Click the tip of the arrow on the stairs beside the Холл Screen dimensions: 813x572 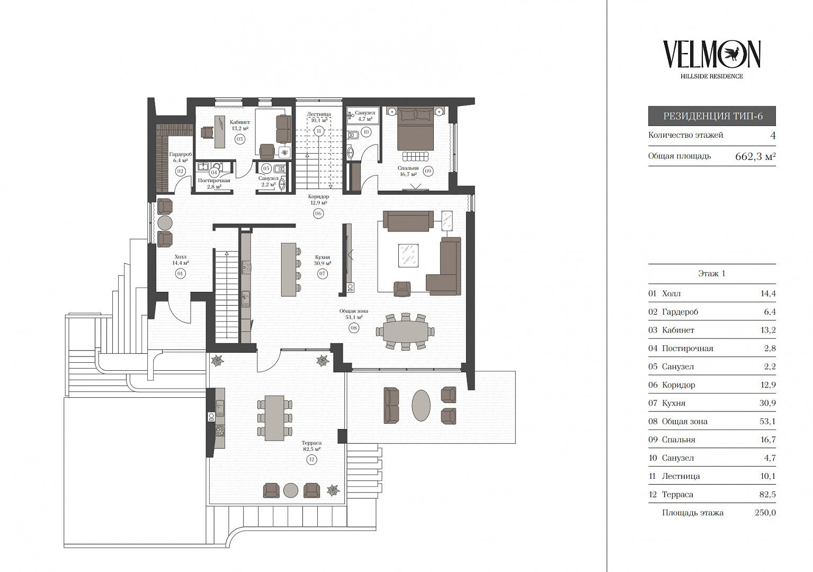[x=227, y=252]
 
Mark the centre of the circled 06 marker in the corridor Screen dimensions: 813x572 [x=318, y=213]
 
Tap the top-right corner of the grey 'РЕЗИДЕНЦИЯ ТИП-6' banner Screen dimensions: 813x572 [x=776, y=106]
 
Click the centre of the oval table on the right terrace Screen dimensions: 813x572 [x=421, y=405]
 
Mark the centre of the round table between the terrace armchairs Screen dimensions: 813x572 [x=291, y=490]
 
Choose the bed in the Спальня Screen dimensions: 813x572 [x=416, y=128]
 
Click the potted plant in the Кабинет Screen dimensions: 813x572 [x=285, y=153]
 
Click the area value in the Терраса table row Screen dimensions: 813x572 [x=767, y=494]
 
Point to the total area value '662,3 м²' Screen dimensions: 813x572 [x=755, y=156]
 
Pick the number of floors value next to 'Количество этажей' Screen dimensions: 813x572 [x=773, y=136]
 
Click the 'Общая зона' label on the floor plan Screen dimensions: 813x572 [x=353, y=311]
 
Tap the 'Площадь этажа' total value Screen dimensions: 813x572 [x=765, y=513]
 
